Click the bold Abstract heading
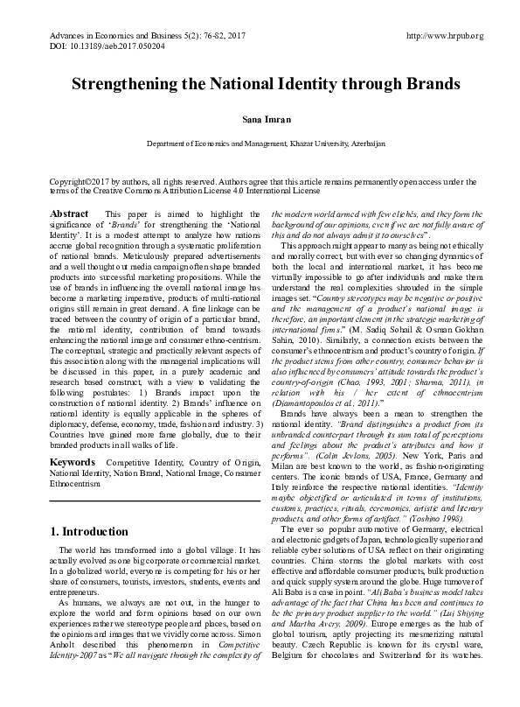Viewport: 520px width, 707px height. [x=70, y=214]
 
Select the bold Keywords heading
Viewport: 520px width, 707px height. [x=73, y=459]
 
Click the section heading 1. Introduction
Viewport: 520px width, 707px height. [x=89, y=531]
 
